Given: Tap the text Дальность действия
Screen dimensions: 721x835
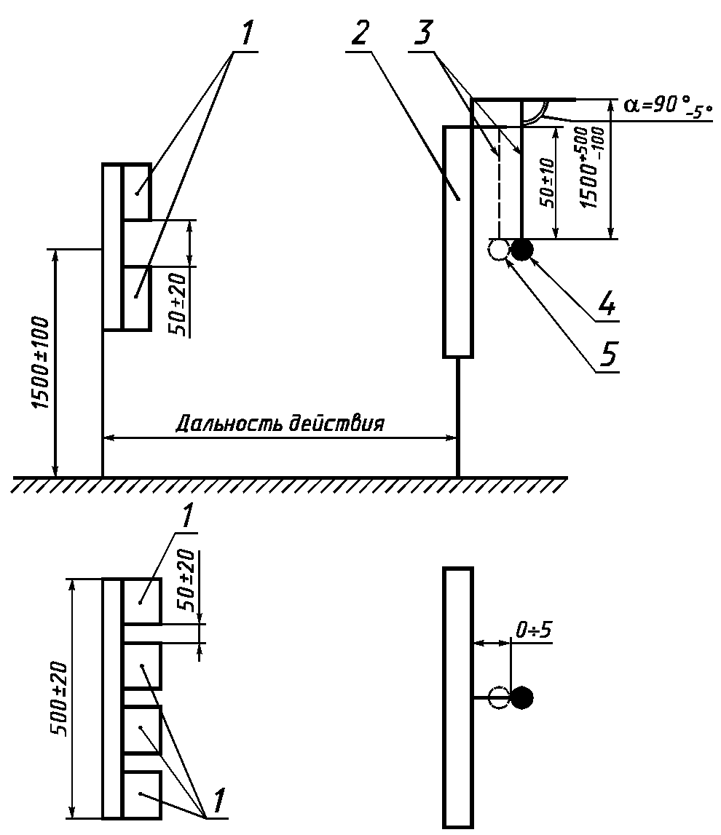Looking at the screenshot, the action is click(x=280, y=424).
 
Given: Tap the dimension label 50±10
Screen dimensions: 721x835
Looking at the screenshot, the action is click(x=547, y=183).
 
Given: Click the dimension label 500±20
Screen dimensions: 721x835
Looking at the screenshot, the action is click(x=60, y=698).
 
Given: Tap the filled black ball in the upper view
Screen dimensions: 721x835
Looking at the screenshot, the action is click(x=521, y=250).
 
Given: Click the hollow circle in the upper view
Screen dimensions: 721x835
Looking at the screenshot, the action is click(x=498, y=250).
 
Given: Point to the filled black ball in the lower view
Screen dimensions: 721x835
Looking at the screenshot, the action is click(x=521, y=697).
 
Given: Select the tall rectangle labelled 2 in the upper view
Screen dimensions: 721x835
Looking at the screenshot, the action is click(x=458, y=242).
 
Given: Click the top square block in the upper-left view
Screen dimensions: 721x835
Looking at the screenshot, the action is click(x=136, y=191).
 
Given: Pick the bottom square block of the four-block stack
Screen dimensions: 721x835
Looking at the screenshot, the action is click(x=142, y=794).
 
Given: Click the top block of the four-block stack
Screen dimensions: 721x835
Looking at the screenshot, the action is click(x=142, y=601).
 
